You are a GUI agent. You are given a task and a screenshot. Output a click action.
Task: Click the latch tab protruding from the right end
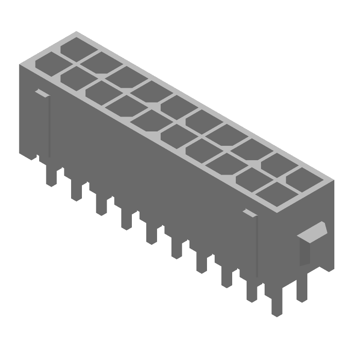coord(314,232)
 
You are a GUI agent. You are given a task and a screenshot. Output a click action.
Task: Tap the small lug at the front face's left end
coord(42,93)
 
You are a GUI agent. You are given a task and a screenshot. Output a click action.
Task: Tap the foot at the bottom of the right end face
coord(327,265)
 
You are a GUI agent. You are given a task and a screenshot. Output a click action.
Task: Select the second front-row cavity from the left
coord(72,76)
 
